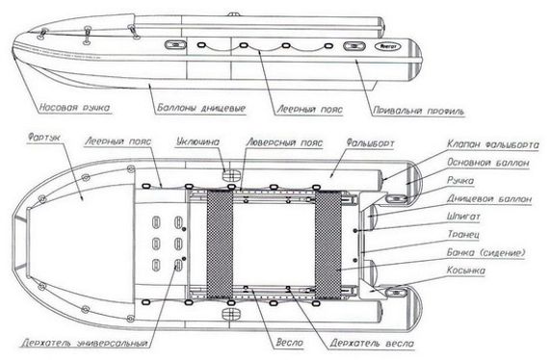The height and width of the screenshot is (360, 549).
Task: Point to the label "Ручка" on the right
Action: coord(461,179)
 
